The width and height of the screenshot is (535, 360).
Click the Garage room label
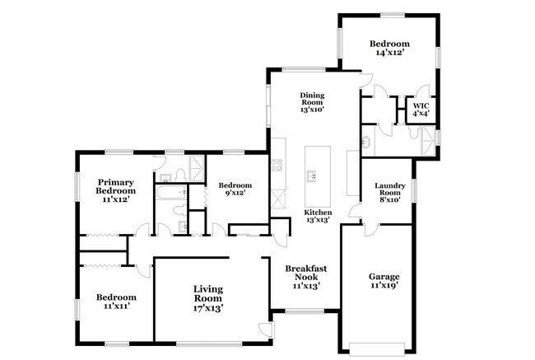pyautogui.click(x=384, y=276)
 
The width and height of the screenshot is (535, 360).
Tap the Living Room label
pyautogui.click(x=208, y=293)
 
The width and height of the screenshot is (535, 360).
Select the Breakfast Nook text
pyautogui.click(x=306, y=273)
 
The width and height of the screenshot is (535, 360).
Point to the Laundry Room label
pyautogui.click(x=390, y=189)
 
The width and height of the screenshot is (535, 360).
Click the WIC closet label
pyautogui.click(x=421, y=106)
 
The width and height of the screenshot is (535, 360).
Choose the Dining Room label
pyautogui.click(x=312, y=98)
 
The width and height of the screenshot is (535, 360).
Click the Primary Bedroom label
pyautogui.click(x=116, y=186)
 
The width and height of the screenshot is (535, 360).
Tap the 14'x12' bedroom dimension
pyautogui.click(x=390, y=52)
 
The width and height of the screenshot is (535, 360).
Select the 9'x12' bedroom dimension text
pyautogui.click(x=235, y=193)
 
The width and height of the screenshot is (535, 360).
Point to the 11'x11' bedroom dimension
pyautogui.click(x=116, y=306)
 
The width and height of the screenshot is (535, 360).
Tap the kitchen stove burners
pyautogui.click(x=277, y=166)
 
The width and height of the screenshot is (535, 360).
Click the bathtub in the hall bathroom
pyautogui.click(x=171, y=192)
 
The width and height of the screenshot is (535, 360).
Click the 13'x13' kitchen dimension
pyautogui.click(x=318, y=220)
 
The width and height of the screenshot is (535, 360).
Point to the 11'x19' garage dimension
pyautogui.click(x=384, y=285)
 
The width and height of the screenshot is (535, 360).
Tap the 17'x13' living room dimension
pyautogui.click(x=208, y=308)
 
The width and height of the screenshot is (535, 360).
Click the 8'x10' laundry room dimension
pyautogui.click(x=390, y=199)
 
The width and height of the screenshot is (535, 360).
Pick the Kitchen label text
pyautogui.click(x=318, y=213)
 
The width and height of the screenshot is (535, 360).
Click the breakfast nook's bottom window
pyautogui.click(x=305, y=311)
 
